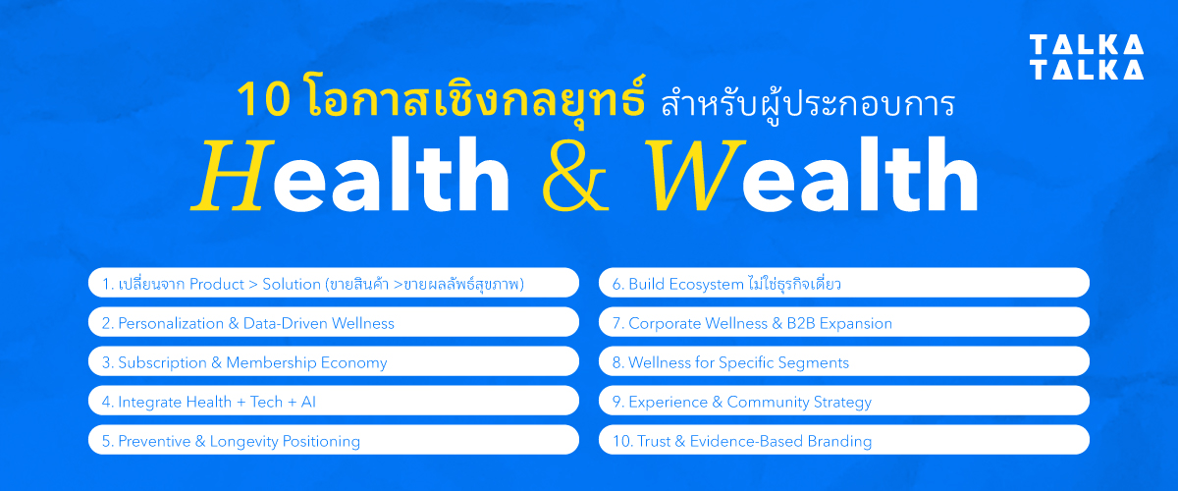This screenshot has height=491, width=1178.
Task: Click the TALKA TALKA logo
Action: coord(1086,57)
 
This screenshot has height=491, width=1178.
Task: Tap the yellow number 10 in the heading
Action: coord(258,101)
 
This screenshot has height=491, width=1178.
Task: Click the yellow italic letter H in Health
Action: coord(232,176)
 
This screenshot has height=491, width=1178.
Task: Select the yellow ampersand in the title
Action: coord(580,178)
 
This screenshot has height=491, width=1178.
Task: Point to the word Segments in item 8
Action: coord(814,362)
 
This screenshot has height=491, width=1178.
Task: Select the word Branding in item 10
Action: coord(834,441)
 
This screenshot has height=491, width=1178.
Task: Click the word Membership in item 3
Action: coord(270,362)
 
